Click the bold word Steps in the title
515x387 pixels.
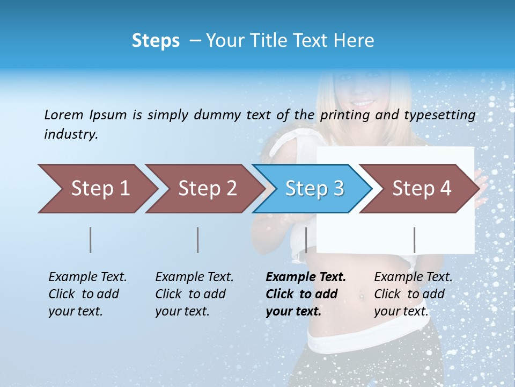(x=156, y=41)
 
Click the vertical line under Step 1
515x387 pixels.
(x=90, y=240)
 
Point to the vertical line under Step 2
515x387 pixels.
(x=197, y=240)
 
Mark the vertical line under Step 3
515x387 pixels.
(x=306, y=240)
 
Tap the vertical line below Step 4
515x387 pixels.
(x=414, y=240)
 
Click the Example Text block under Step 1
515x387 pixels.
(x=87, y=294)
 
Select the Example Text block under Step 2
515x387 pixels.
(x=194, y=294)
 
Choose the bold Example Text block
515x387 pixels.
(x=306, y=294)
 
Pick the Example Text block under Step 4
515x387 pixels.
(x=413, y=294)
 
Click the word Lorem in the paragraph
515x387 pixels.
(x=64, y=114)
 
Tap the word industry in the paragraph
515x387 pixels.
(x=71, y=134)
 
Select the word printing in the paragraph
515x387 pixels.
(x=345, y=115)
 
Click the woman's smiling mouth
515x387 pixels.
(x=363, y=102)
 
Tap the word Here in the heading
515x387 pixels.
(x=354, y=41)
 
